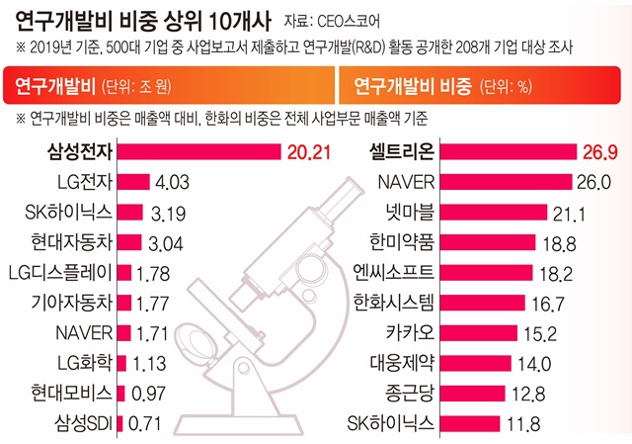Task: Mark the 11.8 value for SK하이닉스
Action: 519,425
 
